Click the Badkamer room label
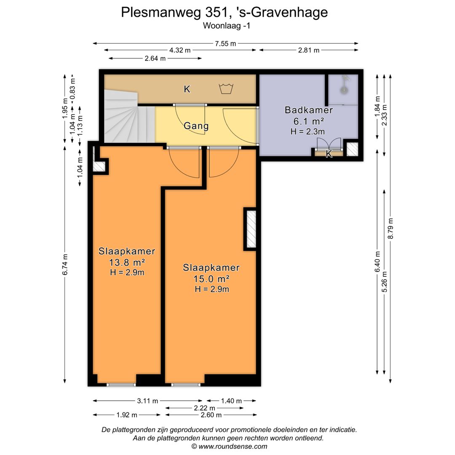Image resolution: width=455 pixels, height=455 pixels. coord(309,110)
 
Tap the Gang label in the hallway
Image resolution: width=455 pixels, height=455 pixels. coord(196,126)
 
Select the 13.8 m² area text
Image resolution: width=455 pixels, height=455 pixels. coord(127,262)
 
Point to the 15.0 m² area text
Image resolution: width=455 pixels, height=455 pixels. coord(211,278)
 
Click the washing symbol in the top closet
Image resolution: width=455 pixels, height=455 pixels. coord(226,88)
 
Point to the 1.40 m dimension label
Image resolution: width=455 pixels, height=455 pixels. coord(231,401)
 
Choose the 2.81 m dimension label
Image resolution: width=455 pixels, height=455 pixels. coord(308,50)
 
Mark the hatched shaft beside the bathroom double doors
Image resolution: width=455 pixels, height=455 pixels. coord(352,149)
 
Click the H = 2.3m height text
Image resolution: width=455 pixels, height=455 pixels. coord(308,131)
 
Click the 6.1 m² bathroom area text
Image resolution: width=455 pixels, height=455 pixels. coord(309,121)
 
